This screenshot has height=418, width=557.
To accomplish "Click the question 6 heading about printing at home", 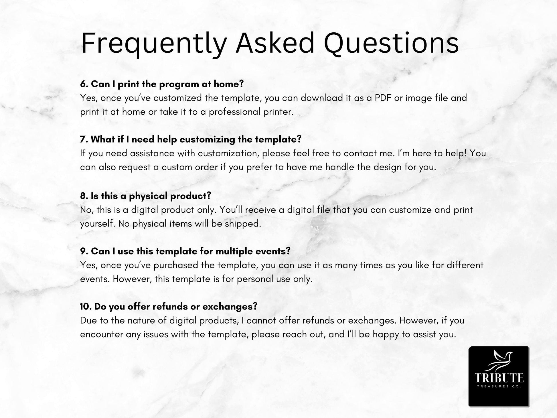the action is pyautogui.click(x=162, y=84).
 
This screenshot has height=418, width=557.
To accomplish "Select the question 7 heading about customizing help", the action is pyautogui.click(x=191, y=139).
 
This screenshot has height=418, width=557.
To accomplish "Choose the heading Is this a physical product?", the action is pyautogui.click(x=145, y=196).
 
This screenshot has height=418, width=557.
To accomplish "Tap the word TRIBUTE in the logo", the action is pyautogui.click(x=499, y=378).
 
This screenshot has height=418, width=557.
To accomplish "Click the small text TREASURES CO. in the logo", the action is pyautogui.click(x=499, y=387).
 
